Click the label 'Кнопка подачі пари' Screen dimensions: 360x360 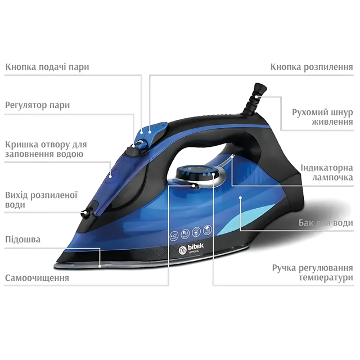[47, 67]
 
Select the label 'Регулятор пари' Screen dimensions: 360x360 [38, 105]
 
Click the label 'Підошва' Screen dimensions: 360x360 [22, 240]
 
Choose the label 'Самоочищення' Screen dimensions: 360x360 [37, 278]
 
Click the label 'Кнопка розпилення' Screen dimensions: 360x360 [312, 67]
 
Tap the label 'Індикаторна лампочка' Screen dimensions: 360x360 [327, 173]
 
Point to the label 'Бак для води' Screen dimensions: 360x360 [326, 223]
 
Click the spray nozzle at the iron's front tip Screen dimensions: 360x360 [85, 213]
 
